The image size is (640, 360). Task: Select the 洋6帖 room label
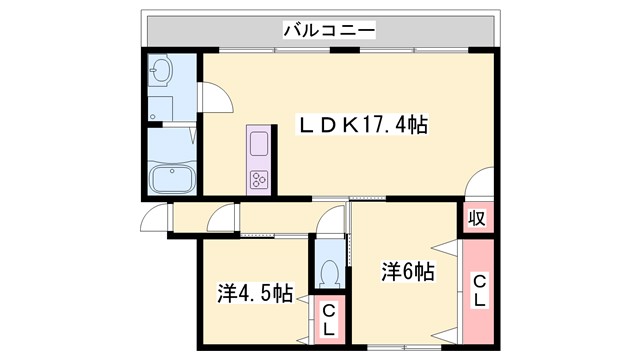point(405,271)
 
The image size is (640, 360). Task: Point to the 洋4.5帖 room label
point(255,294)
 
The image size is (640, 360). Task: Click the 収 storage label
point(478,218)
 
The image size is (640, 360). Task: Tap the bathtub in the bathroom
point(173,181)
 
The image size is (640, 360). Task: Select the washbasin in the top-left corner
point(162,71)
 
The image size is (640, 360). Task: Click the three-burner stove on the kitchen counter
point(259,179)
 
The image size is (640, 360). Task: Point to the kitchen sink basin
point(258,144)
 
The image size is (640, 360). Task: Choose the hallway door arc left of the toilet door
point(222,218)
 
